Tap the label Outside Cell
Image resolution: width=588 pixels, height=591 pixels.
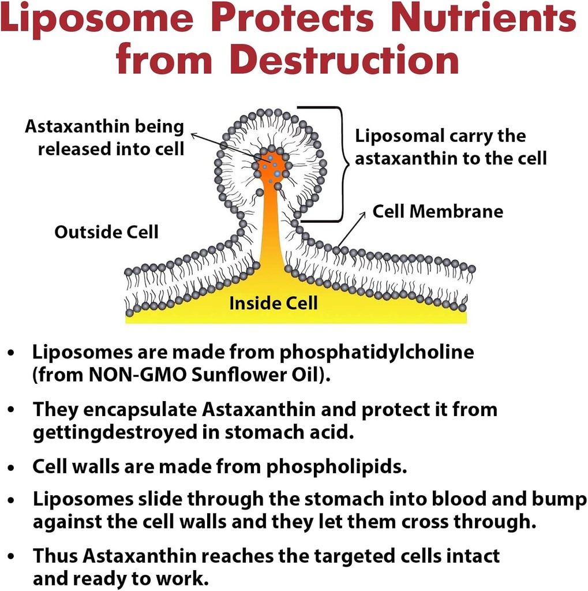106,232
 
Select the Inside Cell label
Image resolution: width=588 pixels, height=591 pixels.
273,303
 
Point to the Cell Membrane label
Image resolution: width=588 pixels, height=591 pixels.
437,211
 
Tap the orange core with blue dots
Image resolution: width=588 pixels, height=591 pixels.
272,167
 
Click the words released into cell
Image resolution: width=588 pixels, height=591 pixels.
111,149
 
